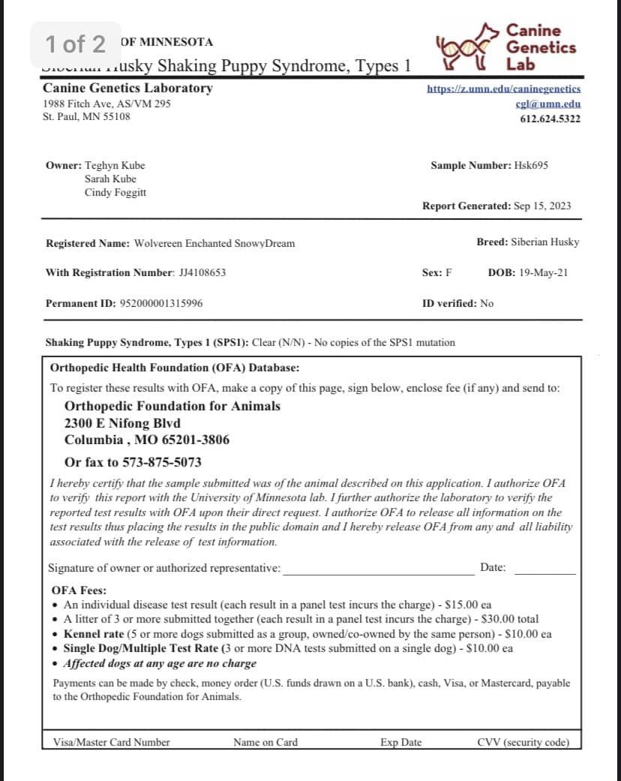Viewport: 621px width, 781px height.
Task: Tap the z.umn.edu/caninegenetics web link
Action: click(503, 89)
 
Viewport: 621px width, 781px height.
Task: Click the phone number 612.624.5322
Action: click(550, 119)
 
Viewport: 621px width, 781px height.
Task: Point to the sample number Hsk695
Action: click(531, 165)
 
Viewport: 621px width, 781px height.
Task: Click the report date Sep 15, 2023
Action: click(542, 206)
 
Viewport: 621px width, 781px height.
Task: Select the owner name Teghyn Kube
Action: click(115, 165)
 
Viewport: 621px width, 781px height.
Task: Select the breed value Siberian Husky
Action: click(544, 242)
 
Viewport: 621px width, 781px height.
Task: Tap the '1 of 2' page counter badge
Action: click(75, 44)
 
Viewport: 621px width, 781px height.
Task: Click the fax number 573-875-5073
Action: click(160, 462)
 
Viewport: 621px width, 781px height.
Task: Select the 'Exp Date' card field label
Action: click(400, 743)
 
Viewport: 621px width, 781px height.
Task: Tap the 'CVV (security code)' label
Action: click(523, 743)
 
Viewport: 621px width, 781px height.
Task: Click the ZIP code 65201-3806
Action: click(192, 440)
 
